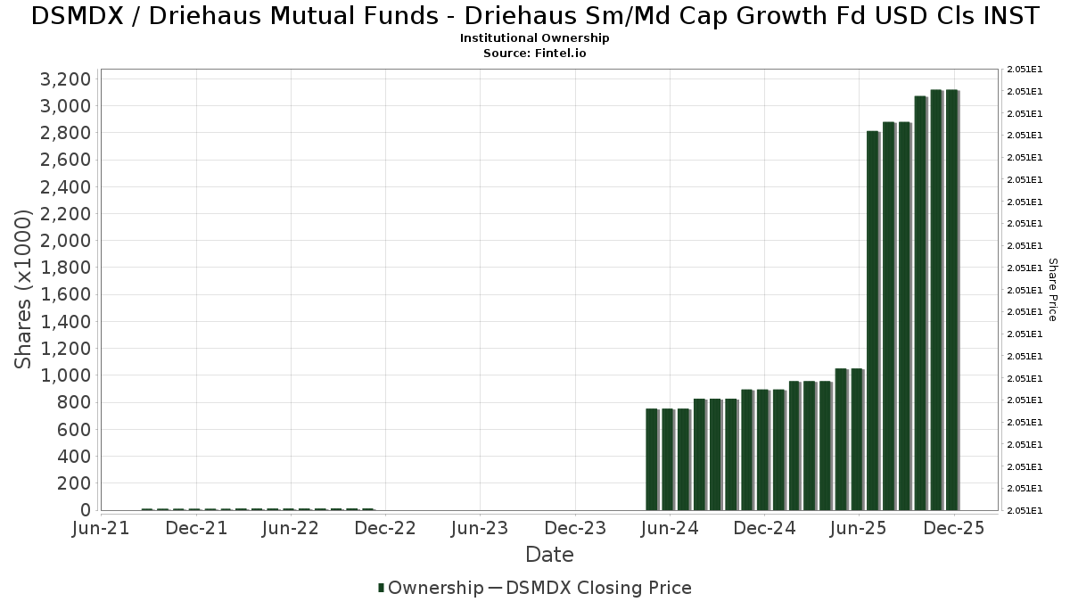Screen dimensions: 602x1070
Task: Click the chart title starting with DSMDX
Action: point(535,16)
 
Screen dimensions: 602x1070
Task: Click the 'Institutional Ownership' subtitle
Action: point(535,38)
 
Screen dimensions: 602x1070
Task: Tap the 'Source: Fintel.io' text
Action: point(535,53)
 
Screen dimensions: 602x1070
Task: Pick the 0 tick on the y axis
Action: point(86,510)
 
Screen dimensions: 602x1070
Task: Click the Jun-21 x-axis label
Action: point(102,528)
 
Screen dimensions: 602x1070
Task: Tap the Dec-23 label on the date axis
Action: point(575,528)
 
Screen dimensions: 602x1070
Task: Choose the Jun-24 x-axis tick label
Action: point(670,528)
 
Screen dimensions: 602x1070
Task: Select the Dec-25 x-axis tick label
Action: point(954,528)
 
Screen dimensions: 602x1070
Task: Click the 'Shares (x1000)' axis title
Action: point(24,289)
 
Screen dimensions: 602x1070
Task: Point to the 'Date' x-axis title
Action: point(549,555)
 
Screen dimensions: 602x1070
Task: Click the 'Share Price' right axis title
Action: point(1052,290)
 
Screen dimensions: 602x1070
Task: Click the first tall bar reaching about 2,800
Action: point(873,321)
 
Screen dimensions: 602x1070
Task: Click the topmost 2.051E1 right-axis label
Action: point(1024,70)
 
